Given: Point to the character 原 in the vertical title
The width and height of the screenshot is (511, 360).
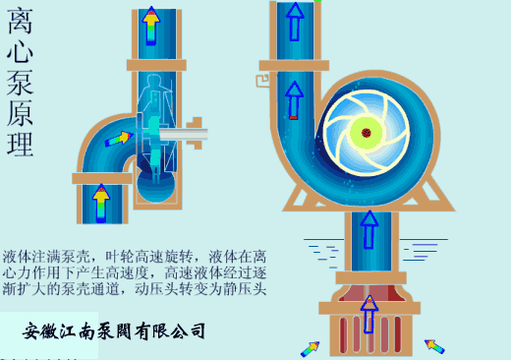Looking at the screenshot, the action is point(21,114).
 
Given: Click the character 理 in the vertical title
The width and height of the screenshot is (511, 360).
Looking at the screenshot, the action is point(21,144).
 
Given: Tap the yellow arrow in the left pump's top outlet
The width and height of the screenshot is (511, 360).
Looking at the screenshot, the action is point(149,27).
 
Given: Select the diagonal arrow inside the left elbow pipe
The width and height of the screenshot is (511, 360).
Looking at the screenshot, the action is point(117,139).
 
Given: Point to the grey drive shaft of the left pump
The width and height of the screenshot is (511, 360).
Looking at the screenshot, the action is point(185,130).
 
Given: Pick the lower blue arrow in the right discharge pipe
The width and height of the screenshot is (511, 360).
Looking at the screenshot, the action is point(294,99).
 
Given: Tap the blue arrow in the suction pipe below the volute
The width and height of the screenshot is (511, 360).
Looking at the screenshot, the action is point(369,229).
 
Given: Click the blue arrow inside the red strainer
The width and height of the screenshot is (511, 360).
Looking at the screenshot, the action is point(369,313).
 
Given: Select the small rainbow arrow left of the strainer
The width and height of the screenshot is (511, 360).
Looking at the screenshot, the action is point(311,347).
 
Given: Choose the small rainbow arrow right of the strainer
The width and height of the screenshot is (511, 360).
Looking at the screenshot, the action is point(433,345).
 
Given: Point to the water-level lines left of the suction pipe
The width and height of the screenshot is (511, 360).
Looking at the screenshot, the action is point(320,247).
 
